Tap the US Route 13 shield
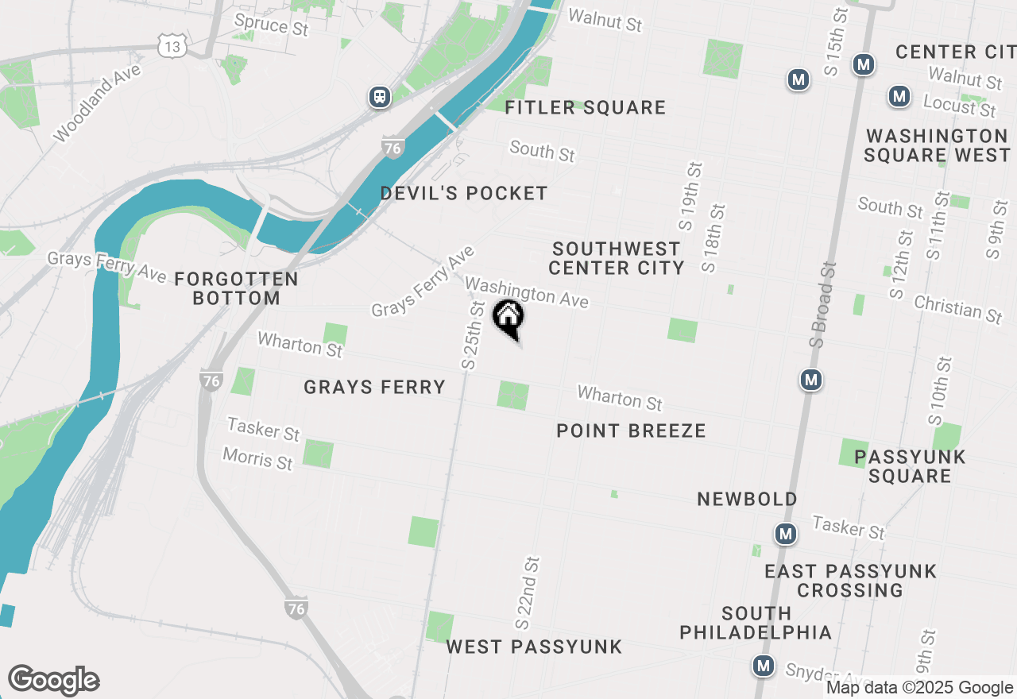[172, 46]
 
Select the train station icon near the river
[380, 97]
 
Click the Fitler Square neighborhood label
[586, 107]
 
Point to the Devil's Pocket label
[464, 193]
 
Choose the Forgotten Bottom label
[236, 288]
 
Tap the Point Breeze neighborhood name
[631, 431]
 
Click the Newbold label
[747, 499]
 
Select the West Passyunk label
[534, 647]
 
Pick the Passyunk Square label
[910, 466]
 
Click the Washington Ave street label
[527, 292]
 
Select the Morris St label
[257, 458]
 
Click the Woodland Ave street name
[97, 103]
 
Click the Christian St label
[957, 309]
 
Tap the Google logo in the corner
[53, 680]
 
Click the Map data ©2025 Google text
[919, 688]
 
